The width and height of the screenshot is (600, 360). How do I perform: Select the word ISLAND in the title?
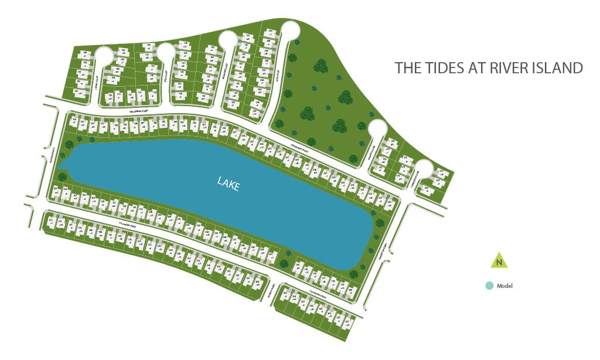point(556,68)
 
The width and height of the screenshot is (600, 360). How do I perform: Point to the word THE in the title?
point(408,68)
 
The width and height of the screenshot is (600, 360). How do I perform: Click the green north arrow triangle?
point(499,260)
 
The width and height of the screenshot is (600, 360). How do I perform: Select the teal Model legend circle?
point(489,286)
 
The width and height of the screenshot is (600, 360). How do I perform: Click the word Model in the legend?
point(505,286)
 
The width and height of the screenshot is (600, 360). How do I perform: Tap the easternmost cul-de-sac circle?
point(424,169)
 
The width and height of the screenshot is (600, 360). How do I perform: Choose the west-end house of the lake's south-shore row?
point(56,192)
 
